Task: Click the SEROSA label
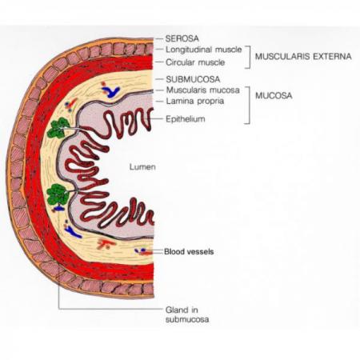[x=182, y=38]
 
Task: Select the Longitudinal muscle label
[x=204, y=50]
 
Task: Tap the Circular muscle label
[x=195, y=62]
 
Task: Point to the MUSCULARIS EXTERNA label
[x=303, y=56]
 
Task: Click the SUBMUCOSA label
[x=193, y=79]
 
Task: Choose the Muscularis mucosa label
[x=203, y=90]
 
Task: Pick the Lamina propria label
[x=195, y=102]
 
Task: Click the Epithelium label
[x=186, y=119]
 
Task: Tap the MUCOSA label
[x=274, y=96]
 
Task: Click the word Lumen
[x=142, y=167]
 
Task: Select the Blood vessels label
[x=189, y=251]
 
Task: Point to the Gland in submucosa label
[x=187, y=314]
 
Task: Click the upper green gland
[x=58, y=128]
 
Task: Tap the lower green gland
[x=58, y=194]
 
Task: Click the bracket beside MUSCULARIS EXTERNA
[x=250, y=57]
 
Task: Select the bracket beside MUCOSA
[x=249, y=105]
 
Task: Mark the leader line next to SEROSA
[x=159, y=39]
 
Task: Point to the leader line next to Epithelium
[x=157, y=119]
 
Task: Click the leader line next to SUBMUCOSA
[x=159, y=79]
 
